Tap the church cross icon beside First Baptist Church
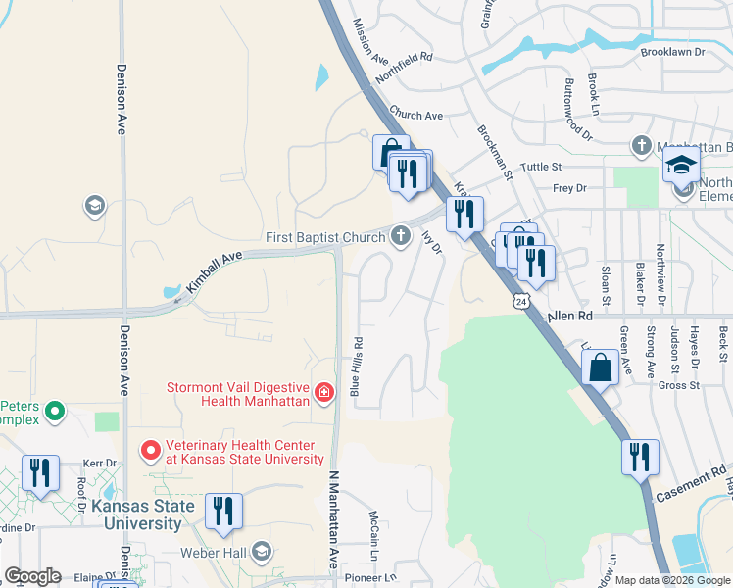pos(400,236)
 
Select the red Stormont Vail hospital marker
pos(324,393)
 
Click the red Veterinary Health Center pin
pos(150,451)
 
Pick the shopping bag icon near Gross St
pos(600,368)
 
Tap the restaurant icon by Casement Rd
pos(640,457)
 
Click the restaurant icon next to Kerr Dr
pos(40,472)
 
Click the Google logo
pos(31,576)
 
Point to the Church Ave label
pos(416,115)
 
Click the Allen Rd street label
pos(571,317)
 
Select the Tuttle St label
pos(540,168)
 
